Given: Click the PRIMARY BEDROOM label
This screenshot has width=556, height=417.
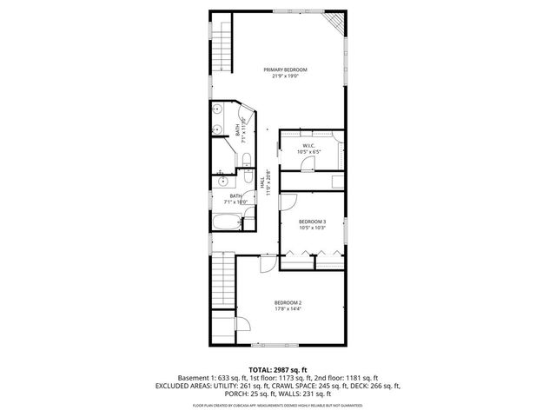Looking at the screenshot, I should (286, 69).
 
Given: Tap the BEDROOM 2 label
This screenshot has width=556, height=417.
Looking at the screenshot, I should (288, 301).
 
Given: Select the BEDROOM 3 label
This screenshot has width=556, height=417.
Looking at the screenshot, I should (312, 222).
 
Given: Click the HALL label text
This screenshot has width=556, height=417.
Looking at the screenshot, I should (262, 183).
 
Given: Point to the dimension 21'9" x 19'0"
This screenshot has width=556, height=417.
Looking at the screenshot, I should (286, 76).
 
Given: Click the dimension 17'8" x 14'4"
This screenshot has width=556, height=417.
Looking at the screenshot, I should (288, 308).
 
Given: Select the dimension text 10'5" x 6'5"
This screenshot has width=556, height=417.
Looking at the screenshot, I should (311, 152).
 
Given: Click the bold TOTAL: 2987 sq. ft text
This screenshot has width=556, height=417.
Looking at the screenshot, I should (277, 370).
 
